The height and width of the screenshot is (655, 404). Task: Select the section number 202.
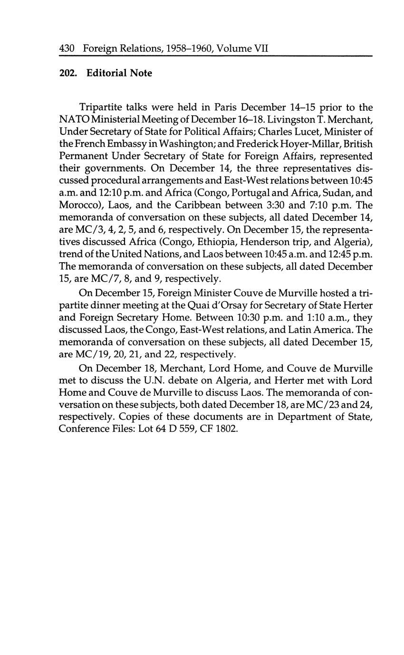tap(68, 73)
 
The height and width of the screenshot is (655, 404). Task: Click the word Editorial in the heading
tap(107, 73)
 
